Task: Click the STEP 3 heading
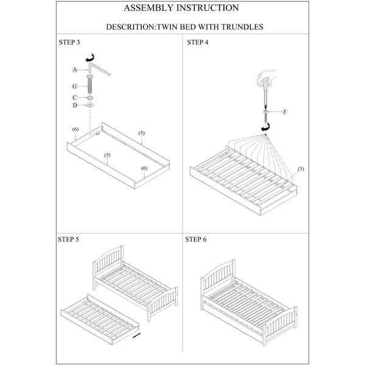tap(69, 42)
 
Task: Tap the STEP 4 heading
tap(198, 42)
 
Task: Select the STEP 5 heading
tap(68, 239)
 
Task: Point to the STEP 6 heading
tap(196, 239)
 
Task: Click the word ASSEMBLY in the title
tap(148, 8)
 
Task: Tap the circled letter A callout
tap(74, 69)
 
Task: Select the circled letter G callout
tap(74, 86)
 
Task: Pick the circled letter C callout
tap(74, 97)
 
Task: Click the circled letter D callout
tap(74, 105)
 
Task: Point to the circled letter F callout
tap(285, 112)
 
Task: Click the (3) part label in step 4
tap(301, 169)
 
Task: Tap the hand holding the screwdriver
tap(266, 78)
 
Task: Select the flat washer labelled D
tap(90, 105)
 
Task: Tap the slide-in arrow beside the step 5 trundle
tap(136, 335)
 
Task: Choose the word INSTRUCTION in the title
tap(207, 8)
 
